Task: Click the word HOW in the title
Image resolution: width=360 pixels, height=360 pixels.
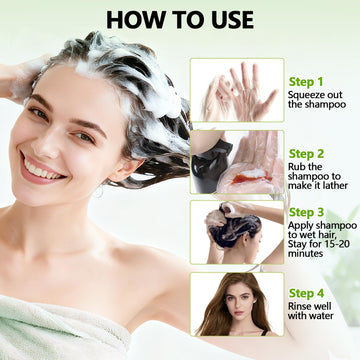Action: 134,20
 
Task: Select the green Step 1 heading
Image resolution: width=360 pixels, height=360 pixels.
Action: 306,82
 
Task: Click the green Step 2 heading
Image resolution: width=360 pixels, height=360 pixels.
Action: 306,154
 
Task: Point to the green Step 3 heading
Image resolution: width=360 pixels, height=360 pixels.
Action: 306,212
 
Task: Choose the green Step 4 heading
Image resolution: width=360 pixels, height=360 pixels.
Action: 306,293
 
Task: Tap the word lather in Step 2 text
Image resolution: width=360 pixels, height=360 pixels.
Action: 334,185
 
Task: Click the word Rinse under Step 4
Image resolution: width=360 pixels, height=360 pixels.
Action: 300,306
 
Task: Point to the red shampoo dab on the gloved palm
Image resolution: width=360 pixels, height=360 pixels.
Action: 251,177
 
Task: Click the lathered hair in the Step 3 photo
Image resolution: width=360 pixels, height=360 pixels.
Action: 233,225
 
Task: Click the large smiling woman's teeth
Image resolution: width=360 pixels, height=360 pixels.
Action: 40,169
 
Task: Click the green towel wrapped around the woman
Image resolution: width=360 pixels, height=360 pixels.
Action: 60,327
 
